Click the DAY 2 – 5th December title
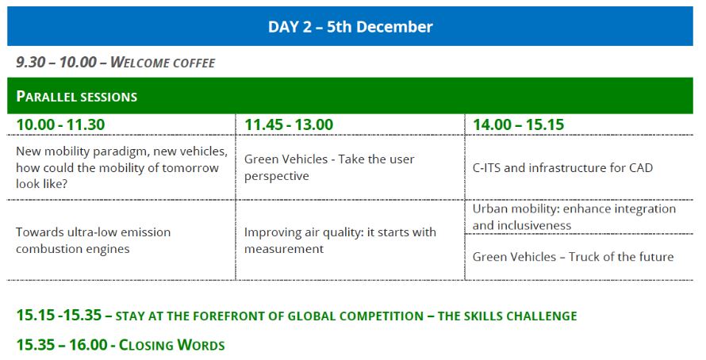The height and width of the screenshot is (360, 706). click(351, 26)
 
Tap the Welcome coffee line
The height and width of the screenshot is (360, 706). click(116, 62)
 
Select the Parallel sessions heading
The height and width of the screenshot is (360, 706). click(76, 96)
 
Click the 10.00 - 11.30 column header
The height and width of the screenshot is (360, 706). click(60, 124)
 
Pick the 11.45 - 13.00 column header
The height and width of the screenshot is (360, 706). click(289, 124)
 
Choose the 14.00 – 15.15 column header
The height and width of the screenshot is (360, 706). click(518, 124)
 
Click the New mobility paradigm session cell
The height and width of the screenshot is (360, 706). click(121, 167)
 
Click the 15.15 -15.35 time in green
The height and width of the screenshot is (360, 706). click(59, 315)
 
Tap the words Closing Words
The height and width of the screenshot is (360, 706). click(171, 345)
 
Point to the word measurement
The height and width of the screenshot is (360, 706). click(284, 249)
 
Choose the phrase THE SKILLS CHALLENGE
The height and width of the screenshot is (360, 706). click(507, 316)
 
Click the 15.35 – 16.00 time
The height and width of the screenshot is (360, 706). click(62, 345)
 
